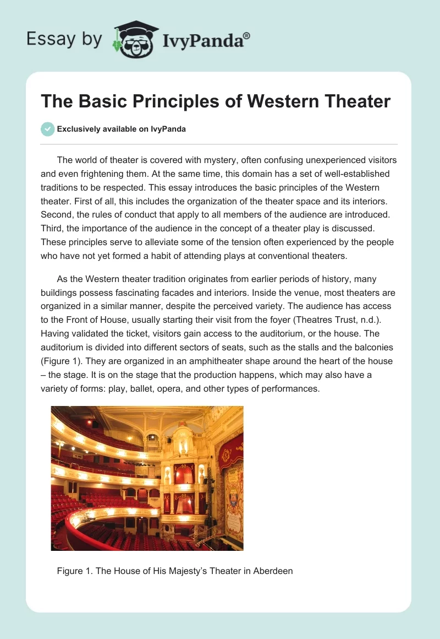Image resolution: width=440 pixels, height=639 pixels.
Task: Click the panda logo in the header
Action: tap(135, 39)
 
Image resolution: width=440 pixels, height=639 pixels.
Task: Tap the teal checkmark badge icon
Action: tap(48, 129)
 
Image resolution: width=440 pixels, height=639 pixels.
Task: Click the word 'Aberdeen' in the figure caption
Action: tap(273, 571)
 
